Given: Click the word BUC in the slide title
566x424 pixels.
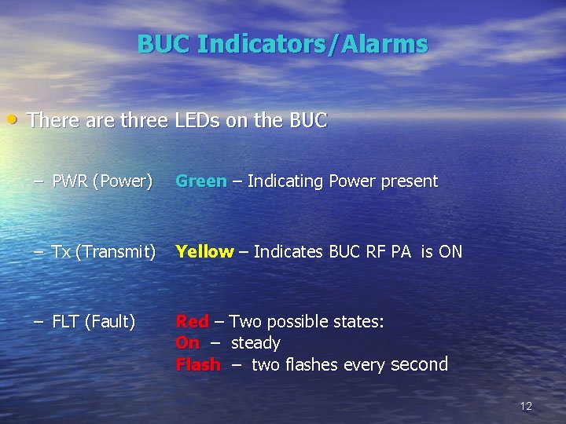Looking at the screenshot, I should tap(164, 44).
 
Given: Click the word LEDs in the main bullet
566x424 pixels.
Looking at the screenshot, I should tap(195, 120).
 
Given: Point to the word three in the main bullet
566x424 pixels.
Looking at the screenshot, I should tap(143, 120).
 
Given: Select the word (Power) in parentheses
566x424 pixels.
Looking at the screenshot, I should tap(123, 181).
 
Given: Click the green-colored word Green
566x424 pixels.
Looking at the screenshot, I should tap(201, 181).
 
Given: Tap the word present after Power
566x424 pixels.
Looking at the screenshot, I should tap(409, 181).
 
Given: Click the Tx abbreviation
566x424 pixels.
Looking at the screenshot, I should tap(61, 252).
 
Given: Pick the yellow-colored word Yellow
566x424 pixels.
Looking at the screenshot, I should tap(204, 252).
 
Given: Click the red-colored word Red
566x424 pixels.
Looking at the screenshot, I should tap(193, 321).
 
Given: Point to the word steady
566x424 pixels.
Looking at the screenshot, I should tap(255, 343).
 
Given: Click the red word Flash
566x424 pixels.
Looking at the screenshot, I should tap(198, 365).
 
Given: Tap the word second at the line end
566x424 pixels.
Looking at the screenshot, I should tap(419, 364).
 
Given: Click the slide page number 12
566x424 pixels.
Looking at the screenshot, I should tap(526, 406).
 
